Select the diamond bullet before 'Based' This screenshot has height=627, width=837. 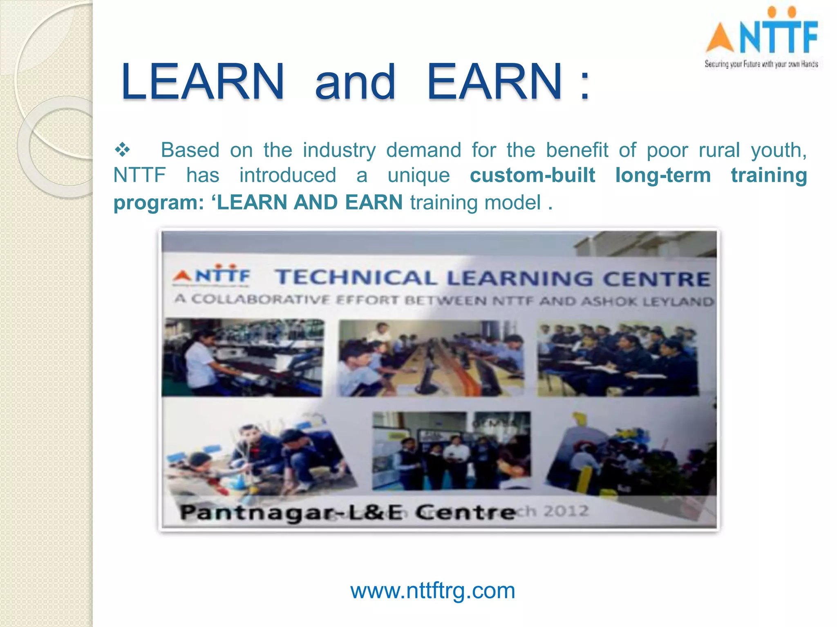tap(122, 150)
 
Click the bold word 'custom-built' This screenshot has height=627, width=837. tap(532, 176)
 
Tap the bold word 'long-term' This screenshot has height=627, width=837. tap(663, 176)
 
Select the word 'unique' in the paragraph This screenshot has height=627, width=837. tap(418, 176)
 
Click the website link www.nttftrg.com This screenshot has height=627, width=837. tap(432, 591)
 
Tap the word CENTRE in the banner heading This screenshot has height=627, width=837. tap(656, 279)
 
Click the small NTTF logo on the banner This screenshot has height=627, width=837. tap(212, 275)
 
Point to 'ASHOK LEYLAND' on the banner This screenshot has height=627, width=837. tap(647, 301)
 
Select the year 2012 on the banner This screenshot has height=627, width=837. tap(566, 511)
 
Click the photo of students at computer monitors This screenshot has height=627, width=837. tap(430, 358)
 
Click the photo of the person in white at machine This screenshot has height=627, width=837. tap(243, 358)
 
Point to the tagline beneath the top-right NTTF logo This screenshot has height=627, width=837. tap(761, 64)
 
